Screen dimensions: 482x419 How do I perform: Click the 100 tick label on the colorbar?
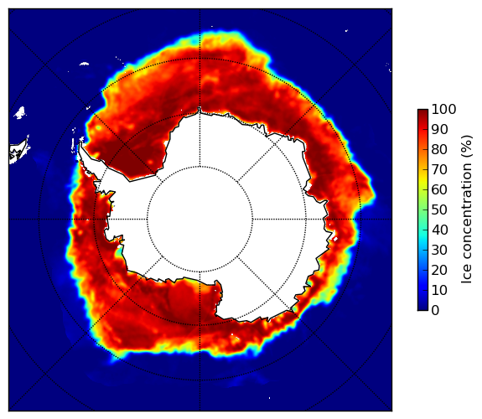[443, 109]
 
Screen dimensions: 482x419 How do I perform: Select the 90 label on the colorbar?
[439, 129]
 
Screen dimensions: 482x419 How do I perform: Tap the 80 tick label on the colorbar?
[439, 149]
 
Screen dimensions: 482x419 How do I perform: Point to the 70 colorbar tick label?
[439, 169]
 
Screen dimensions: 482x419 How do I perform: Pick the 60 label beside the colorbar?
[439, 189]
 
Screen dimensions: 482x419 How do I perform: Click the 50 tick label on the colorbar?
[439, 210]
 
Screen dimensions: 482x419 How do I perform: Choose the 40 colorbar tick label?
[439, 230]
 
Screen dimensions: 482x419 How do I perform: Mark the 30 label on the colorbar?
[439, 251]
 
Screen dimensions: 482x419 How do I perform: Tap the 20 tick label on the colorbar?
[439, 270]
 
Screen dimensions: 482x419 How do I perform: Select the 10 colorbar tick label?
[439, 290]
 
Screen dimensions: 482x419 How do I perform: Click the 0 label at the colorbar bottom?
[435, 311]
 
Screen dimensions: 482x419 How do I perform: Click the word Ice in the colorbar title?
[467, 275]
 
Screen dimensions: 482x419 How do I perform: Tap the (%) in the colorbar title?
[467, 147]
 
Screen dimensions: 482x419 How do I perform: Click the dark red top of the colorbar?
[422, 111]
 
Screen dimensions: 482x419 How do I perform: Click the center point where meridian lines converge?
[200, 220]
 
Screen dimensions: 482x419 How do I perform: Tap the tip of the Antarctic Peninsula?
[80, 143]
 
